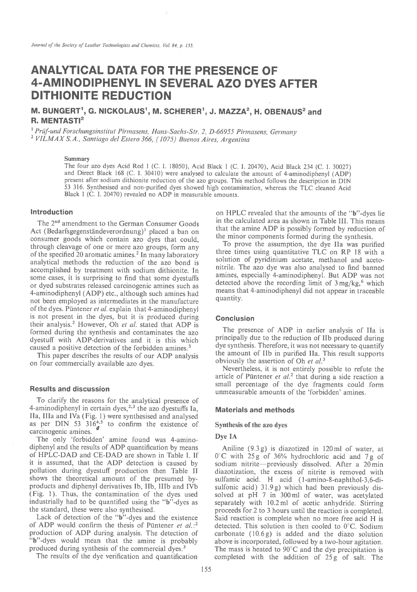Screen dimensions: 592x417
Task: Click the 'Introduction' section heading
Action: (x=51, y=212)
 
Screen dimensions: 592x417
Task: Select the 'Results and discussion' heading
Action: (x=69, y=389)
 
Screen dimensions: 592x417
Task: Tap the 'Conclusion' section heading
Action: (x=235, y=318)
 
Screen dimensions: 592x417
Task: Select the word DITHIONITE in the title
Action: (x=70, y=96)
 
